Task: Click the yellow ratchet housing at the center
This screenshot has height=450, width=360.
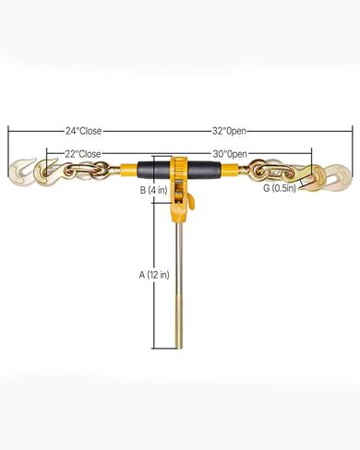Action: point(177,173)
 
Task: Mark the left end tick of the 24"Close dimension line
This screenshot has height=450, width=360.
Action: point(9,131)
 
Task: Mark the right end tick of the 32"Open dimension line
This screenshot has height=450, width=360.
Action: point(352,131)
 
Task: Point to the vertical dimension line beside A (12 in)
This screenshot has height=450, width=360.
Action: point(155,277)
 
